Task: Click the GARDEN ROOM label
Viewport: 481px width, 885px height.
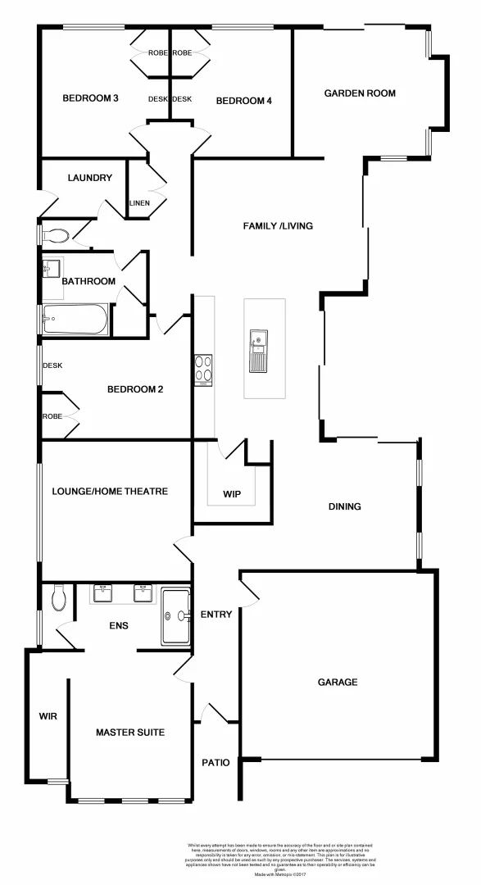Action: (360, 93)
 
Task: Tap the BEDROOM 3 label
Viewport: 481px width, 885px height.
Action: (91, 99)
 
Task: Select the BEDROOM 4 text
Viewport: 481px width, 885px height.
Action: (243, 101)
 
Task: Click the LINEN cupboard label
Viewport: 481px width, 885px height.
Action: (139, 203)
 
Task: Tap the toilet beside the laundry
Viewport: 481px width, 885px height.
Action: (57, 236)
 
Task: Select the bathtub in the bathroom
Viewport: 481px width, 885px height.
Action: (75, 320)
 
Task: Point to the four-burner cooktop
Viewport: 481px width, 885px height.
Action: (202, 370)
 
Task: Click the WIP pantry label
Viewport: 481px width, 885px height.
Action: (232, 494)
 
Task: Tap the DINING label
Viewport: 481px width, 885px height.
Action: (344, 506)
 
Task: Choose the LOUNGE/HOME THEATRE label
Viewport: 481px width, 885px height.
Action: (110, 492)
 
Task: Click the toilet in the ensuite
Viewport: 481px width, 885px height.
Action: (57, 598)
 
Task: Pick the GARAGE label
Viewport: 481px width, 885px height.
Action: (337, 682)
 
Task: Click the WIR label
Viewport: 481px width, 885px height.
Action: (48, 716)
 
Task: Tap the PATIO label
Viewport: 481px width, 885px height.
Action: (216, 762)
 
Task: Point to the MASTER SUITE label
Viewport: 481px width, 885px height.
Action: (130, 732)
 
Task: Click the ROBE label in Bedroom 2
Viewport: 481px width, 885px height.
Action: (52, 416)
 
